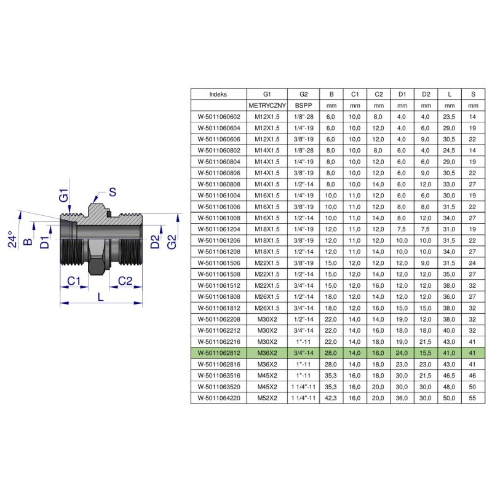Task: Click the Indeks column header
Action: click(x=218, y=94)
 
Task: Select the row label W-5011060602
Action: click(x=219, y=117)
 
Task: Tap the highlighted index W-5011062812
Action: click(x=219, y=353)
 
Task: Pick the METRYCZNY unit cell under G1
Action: click(x=267, y=105)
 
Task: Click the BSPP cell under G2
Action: click(x=303, y=105)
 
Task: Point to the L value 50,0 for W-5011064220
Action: click(x=449, y=398)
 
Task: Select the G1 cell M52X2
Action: click(x=267, y=398)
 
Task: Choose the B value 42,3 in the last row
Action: click(x=331, y=398)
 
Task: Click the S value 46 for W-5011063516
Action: click(x=472, y=376)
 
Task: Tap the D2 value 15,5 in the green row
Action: click(x=425, y=353)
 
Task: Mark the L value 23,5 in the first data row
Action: click(x=449, y=117)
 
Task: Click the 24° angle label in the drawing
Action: click(x=12, y=239)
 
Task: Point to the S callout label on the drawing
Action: click(x=113, y=192)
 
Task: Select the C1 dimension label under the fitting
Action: click(x=74, y=281)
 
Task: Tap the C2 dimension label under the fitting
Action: click(x=125, y=281)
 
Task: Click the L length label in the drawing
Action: click(x=100, y=297)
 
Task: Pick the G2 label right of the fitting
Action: click(x=172, y=242)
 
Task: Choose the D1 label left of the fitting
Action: click(x=45, y=242)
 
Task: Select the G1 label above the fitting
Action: click(x=63, y=195)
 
